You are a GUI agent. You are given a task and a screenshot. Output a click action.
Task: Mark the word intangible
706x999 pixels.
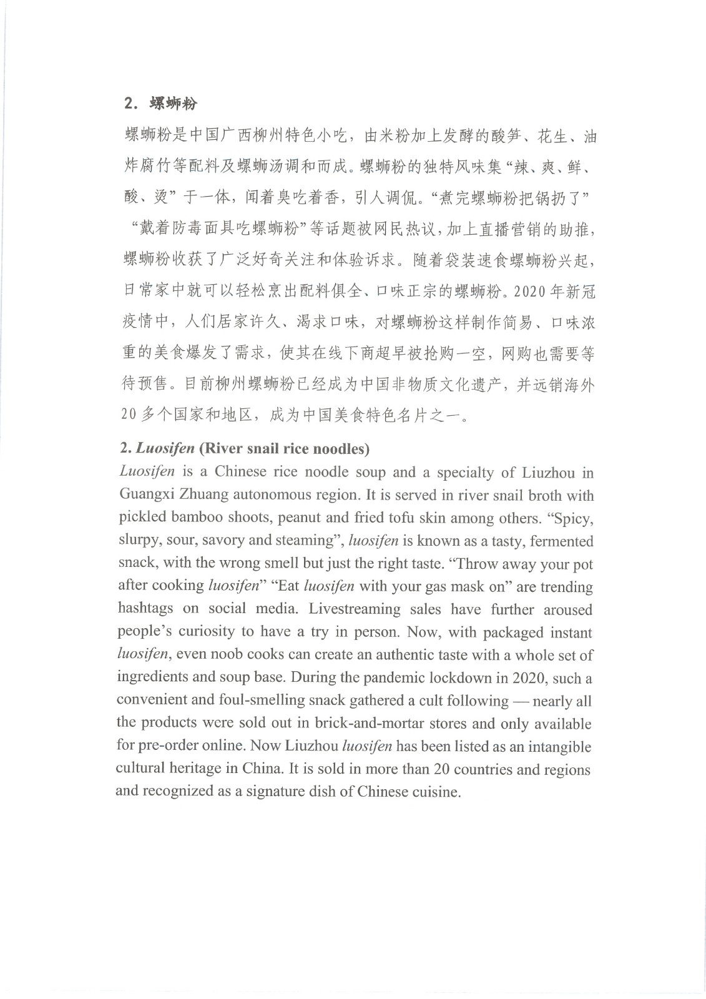point(559,746)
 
